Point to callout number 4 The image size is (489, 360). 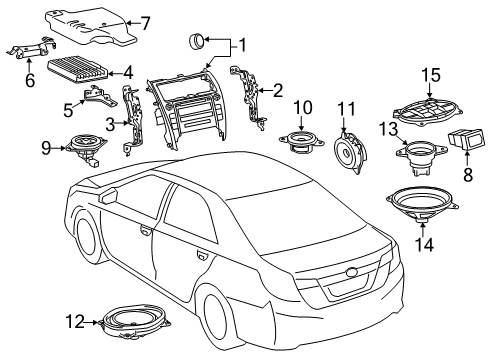click(x=126, y=72)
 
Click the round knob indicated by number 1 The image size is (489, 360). click(x=196, y=41)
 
